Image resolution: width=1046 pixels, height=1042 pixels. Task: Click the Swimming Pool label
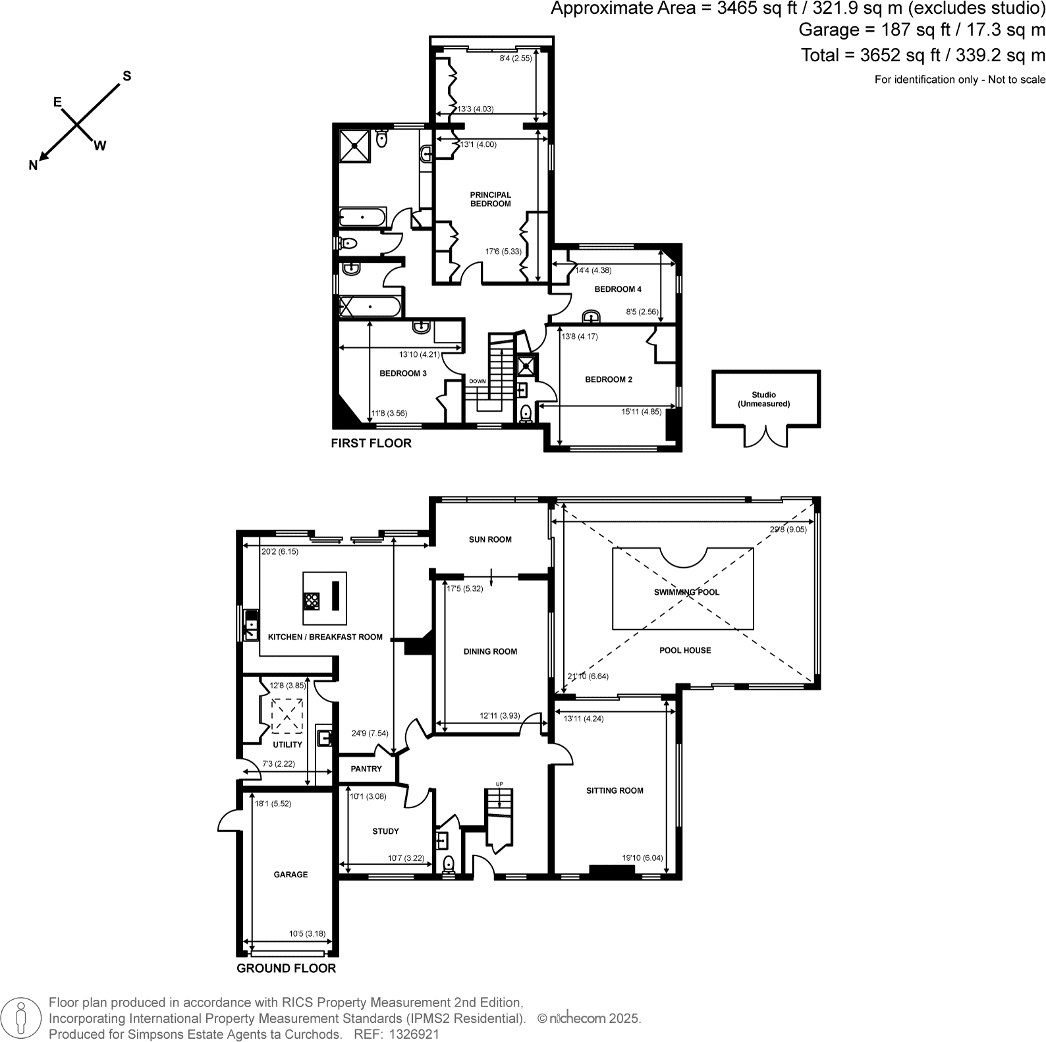point(686,592)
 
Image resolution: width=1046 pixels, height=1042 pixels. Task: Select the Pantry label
point(366,769)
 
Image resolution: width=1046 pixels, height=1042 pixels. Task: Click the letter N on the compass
point(33,166)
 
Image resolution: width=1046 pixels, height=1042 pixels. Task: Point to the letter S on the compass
point(127,76)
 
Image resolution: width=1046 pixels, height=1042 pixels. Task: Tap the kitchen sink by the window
point(251,625)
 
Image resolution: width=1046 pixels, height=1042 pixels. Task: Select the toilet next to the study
point(449,864)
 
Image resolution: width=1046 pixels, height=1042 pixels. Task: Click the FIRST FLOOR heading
point(371,443)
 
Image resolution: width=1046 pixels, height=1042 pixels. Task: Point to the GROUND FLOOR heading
point(286,968)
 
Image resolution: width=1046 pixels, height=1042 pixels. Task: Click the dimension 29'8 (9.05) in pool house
point(788,529)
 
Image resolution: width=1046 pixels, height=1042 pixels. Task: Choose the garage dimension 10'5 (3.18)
point(307,933)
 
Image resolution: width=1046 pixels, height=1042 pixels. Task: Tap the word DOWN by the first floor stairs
point(477,381)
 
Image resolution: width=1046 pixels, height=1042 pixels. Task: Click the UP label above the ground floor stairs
point(499,784)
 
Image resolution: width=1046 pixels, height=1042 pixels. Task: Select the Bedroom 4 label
point(617,289)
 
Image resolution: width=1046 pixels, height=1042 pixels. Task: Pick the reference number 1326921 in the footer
point(414,1034)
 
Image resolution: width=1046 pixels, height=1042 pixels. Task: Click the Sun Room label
point(490,539)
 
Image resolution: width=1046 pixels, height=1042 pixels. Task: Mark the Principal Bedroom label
point(490,199)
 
